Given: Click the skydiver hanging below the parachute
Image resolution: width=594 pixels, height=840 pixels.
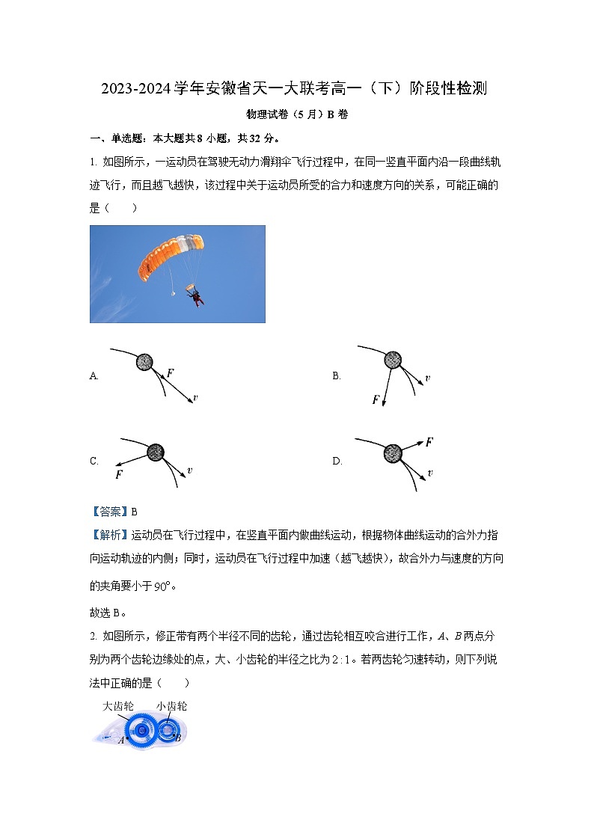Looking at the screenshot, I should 197,298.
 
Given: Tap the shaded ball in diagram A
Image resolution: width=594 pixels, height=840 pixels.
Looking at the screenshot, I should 144,362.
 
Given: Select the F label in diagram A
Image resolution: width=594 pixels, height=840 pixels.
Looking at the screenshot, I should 171,373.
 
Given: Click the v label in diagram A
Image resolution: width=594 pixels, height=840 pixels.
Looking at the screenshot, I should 195,398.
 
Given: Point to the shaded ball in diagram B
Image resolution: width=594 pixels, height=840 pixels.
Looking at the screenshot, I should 393,361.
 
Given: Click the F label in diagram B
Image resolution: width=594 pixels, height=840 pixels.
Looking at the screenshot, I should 376,400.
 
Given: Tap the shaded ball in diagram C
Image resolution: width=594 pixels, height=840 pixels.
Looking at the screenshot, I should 156,452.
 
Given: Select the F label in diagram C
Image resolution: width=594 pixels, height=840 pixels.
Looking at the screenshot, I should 119,474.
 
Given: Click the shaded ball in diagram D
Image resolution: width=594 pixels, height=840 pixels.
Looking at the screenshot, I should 392,453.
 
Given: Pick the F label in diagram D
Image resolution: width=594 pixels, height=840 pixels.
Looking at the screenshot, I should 429,442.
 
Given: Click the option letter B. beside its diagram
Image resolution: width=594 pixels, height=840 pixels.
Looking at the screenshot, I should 337,376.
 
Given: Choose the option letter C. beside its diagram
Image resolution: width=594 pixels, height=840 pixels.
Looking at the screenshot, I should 94,462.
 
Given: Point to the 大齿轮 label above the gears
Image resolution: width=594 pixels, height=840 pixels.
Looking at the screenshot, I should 118,705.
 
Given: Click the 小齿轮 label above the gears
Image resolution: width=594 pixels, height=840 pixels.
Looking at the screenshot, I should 171,705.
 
